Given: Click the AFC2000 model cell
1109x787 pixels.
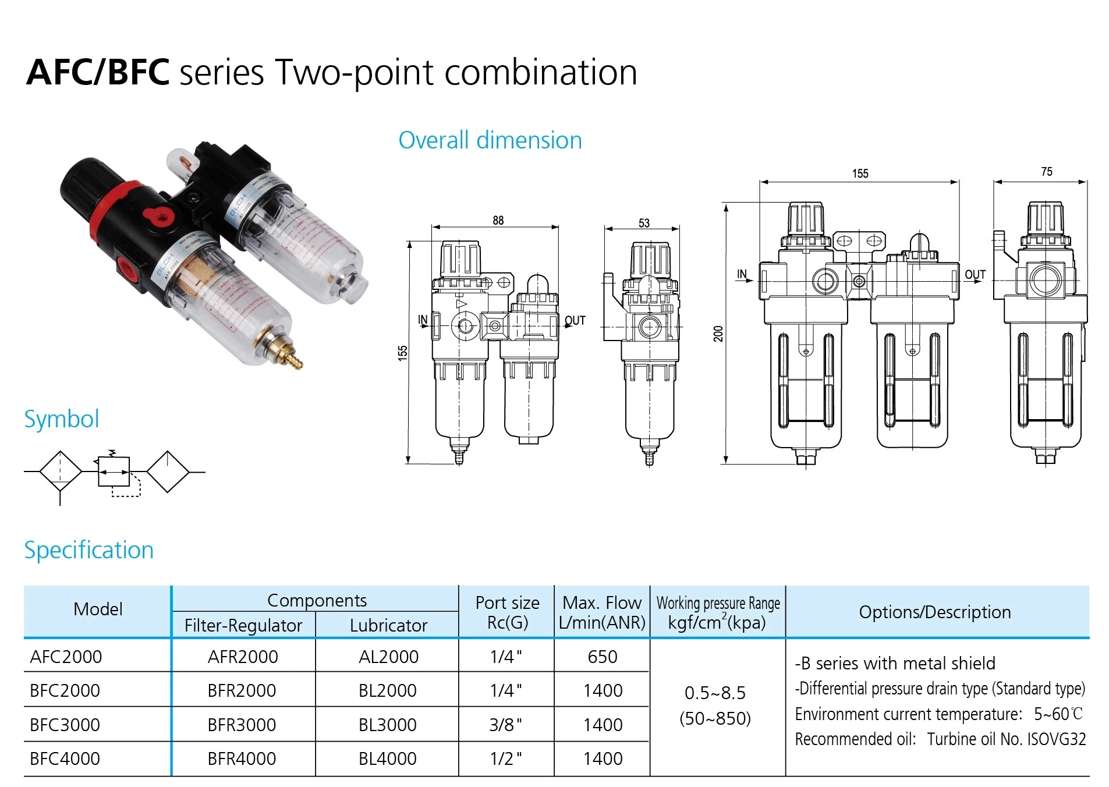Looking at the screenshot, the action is pos(66,657).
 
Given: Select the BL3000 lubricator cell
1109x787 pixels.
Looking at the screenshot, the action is pos(387,725).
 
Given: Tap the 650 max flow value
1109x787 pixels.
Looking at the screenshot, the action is pos(602,657).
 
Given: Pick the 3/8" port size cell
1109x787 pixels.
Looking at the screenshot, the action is pos(505,725).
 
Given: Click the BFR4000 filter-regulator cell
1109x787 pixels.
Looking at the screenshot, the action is pos(242,758).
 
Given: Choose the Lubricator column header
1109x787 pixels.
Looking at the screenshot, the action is pos(388,625).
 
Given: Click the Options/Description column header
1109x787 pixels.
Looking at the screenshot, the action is pos(934,612).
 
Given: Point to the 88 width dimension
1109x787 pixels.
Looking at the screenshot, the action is pos(498,221).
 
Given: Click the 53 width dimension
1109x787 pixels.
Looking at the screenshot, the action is pos(643,223).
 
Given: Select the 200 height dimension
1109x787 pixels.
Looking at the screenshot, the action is pos(718,334).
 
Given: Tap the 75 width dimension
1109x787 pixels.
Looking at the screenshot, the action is pos(1046,172).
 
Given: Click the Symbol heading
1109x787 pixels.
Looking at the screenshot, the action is pos(62,419).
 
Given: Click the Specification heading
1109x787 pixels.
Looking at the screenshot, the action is pos(89,550).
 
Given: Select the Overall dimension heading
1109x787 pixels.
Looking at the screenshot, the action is pos(490,140).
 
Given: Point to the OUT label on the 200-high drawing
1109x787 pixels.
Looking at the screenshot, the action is pos(975,275).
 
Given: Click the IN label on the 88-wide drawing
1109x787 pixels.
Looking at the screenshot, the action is pos(423,320).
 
